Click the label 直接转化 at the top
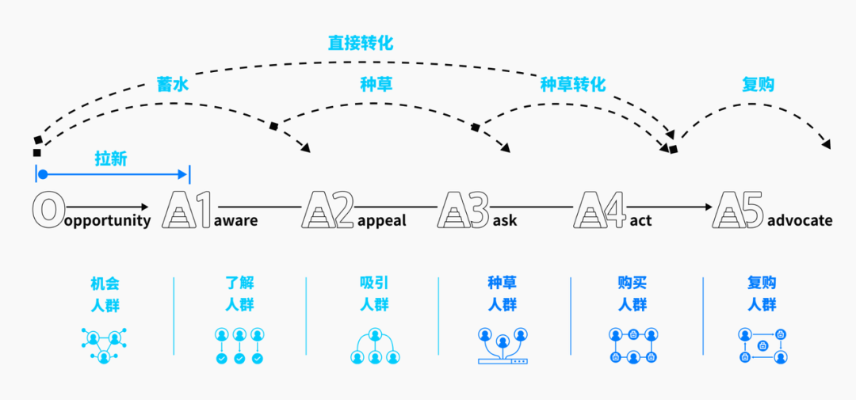tap(361, 42)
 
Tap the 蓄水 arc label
tap(173, 84)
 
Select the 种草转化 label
tap(572, 84)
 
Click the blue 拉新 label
tap(111, 158)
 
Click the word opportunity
tap(107, 221)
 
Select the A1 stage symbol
tap(187, 209)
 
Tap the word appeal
tap(381, 220)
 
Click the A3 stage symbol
tap(463, 209)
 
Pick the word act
tap(640, 220)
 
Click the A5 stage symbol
tap(738, 209)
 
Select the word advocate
tap(800, 220)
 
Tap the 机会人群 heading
tap(105, 293)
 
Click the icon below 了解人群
tap(239, 345)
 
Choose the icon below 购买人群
tap(632, 345)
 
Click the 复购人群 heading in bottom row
tap(762, 293)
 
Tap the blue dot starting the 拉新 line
tap(43, 174)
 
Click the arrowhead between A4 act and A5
tap(707, 208)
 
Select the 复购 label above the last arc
tap(758, 84)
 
